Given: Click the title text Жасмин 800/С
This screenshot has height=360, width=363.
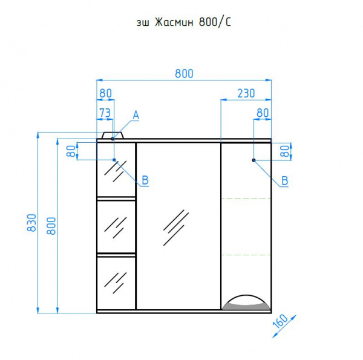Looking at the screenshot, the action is pyautogui.click(x=192, y=22).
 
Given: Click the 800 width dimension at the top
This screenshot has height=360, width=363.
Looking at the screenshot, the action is pyautogui.click(x=184, y=74).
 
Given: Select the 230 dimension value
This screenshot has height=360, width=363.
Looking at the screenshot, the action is pyautogui.click(x=246, y=93).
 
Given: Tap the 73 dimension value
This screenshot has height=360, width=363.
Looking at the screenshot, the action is pyautogui.click(x=105, y=113).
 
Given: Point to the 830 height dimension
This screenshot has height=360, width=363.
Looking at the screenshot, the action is pyautogui.click(x=31, y=223).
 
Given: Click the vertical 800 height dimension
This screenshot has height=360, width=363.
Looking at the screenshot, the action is pyautogui.click(x=51, y=226).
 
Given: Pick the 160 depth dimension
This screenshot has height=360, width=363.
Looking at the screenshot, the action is pyautogui.click(x=280, y=321).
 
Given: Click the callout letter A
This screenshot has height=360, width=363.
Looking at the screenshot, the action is pyautogui.click(x=136, y=115).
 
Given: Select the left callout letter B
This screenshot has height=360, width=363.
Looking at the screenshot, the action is pyautogui.click(x=145, y=180).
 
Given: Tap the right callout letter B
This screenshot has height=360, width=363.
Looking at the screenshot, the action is pyautogui.click(x=284, y=180).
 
